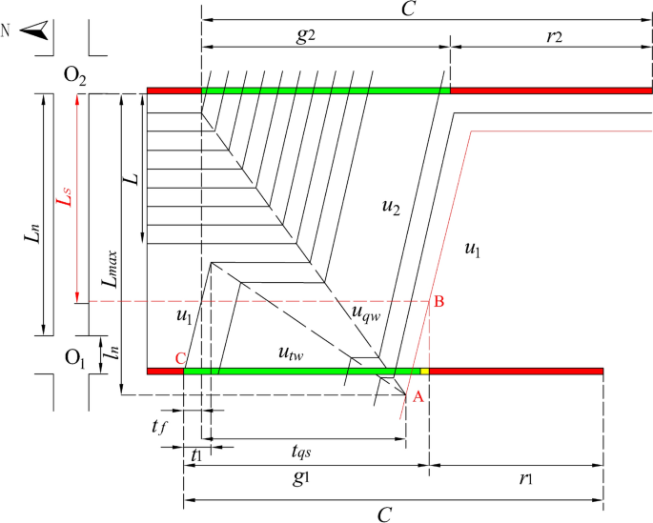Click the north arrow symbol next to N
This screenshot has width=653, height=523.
pyautogui.click(x=36, y=32)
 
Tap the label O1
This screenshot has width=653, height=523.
pyautogui.click(x=75, y=357)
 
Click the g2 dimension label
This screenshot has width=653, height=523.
pyautogui.click(x=305, y=35)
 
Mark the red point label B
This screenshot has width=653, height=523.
pyautogui.click(x=439, y=302)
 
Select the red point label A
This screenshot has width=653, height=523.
pyautogui.click(x=417, y=400)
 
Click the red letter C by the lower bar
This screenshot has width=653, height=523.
pyautogui.click(x=178, y=358)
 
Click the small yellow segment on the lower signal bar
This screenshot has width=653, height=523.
pyautogui.click(x=425, y=371)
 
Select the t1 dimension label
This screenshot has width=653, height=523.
pyautogui.click(x=195, y=454)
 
